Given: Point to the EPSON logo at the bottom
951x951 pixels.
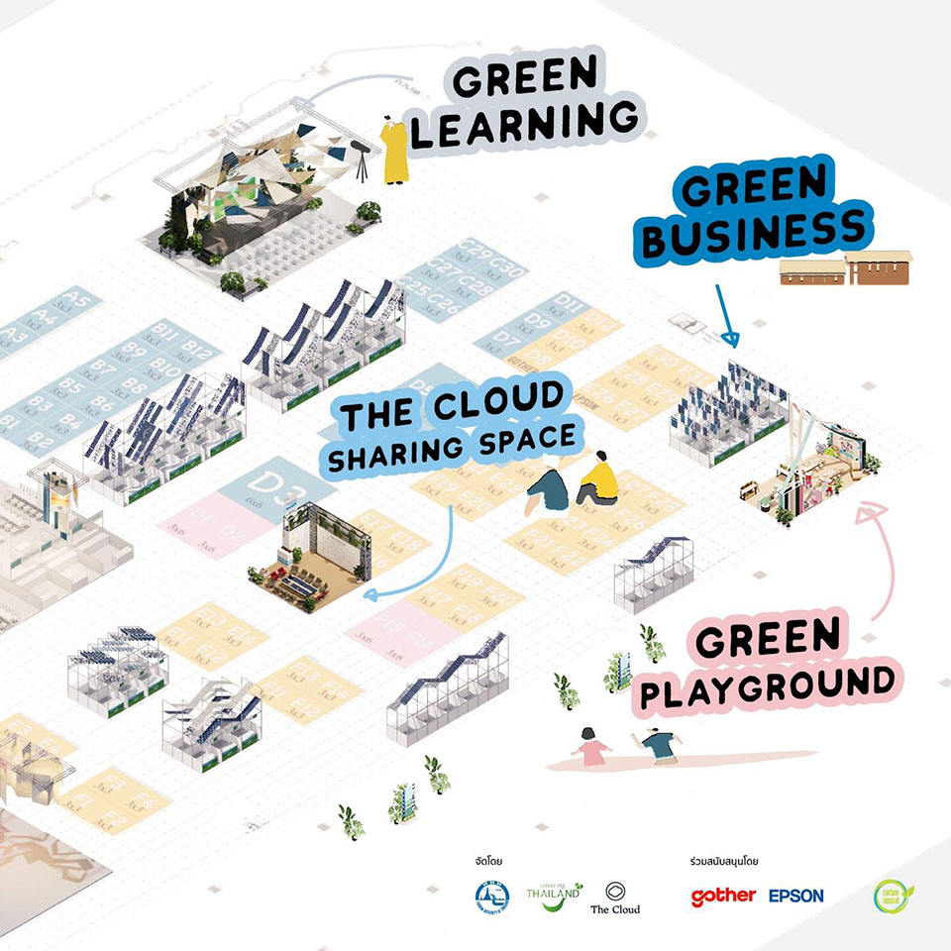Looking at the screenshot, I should tap(795, 896).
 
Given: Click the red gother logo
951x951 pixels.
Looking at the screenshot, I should tap(723, 897).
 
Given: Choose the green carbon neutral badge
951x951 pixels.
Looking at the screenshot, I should tap(888, 897).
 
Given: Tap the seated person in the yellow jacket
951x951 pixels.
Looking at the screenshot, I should tap(597, 479).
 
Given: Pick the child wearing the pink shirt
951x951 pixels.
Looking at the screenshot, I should tap(593, 746).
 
